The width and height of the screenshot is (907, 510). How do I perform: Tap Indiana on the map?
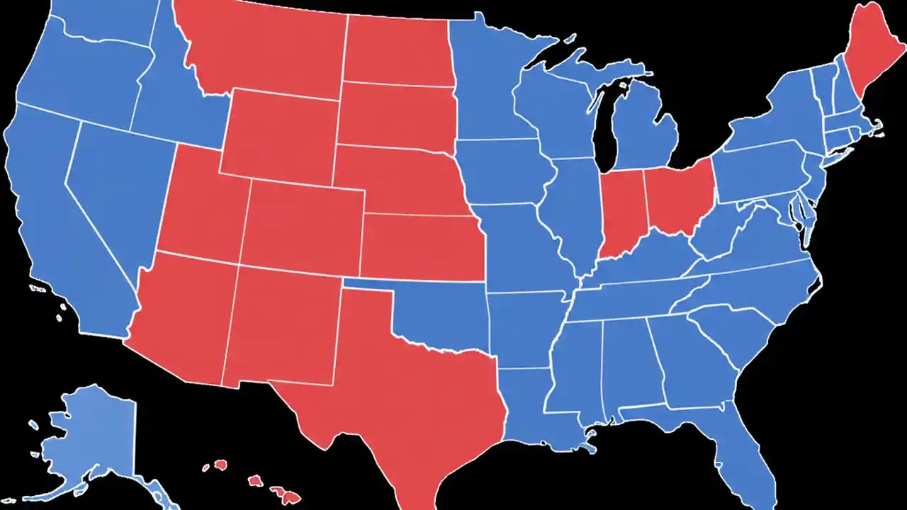[x=621, y=212]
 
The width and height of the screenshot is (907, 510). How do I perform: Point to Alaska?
[x=92, y=432]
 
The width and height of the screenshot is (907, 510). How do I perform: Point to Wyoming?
[x=280, y=135]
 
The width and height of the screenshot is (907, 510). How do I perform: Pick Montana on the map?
[x=269, y=50]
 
